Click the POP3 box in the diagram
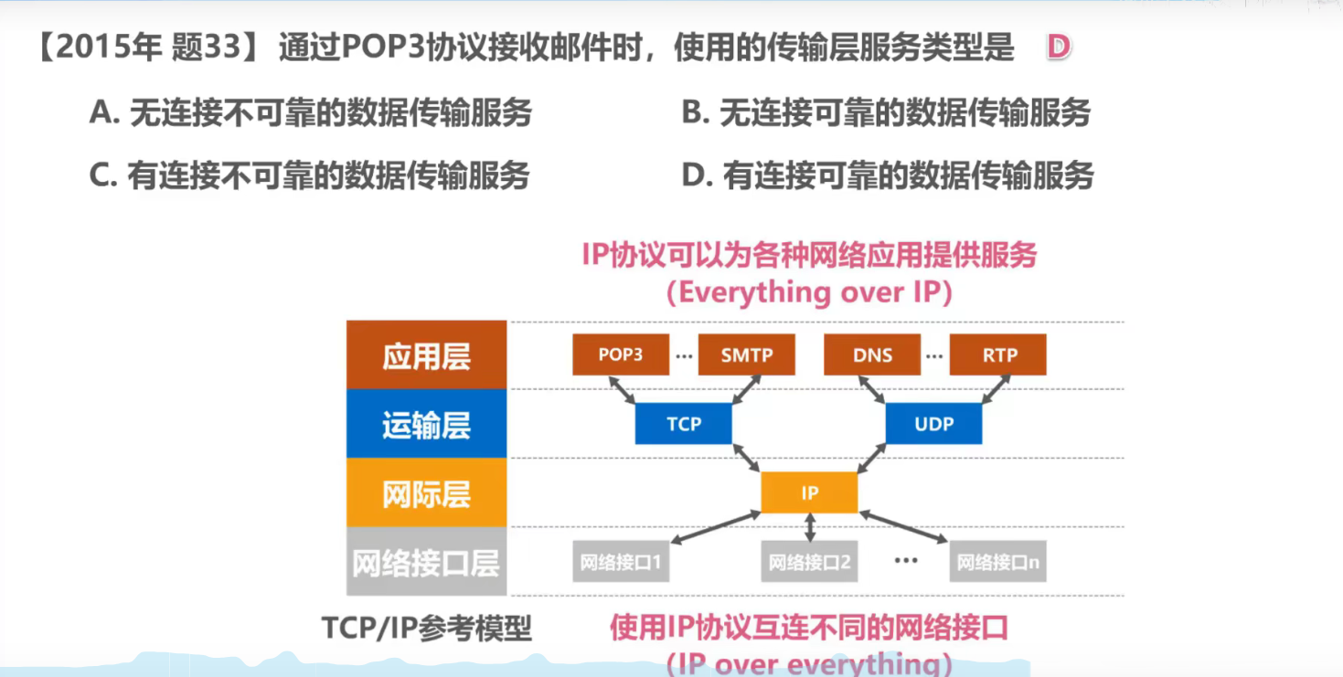click(621, 354)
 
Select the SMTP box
click(746, 354)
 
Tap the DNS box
click(871, 354)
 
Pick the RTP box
click(997, 354)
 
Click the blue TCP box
click(683, 424)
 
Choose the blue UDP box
click(933, 424)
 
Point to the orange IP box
click(809, 493)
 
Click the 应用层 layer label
click(426, 355)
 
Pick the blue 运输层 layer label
click(426, 424)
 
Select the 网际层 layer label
click(426, 493)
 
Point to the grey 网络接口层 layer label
click(426, 562)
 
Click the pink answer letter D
click(1058, 48)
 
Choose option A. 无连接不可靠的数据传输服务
click(311, 113)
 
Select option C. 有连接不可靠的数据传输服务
click(310, 175)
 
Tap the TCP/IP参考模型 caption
click(426, 629)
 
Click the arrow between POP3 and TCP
click(624, 389)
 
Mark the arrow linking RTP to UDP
click(996, 389)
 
